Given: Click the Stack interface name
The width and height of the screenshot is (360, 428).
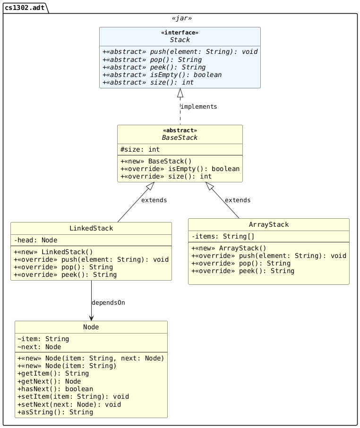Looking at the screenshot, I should tap(180, 40).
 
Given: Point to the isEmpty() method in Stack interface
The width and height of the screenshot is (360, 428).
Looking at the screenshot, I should tap(162, 75).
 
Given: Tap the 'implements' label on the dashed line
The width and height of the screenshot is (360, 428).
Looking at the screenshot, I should tap(198, 107).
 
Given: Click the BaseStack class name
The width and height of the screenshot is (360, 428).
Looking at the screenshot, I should tap(180, 138).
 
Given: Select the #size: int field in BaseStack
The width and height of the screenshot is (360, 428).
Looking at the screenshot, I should tap(140, 149).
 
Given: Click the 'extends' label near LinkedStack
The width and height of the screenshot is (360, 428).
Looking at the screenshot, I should tap(154, 200).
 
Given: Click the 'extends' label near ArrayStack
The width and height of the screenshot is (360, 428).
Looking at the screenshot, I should tap(238, 200).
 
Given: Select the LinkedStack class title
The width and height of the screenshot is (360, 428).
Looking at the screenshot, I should tap(91, 229).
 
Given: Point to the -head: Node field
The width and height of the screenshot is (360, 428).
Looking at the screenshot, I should tap(35, 240).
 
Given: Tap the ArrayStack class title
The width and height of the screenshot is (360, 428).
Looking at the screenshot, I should tap(268, 224).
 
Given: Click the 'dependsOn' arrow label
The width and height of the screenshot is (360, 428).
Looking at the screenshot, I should tap(108, 302).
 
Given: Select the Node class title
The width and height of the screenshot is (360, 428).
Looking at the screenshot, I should tap(91, 327).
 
